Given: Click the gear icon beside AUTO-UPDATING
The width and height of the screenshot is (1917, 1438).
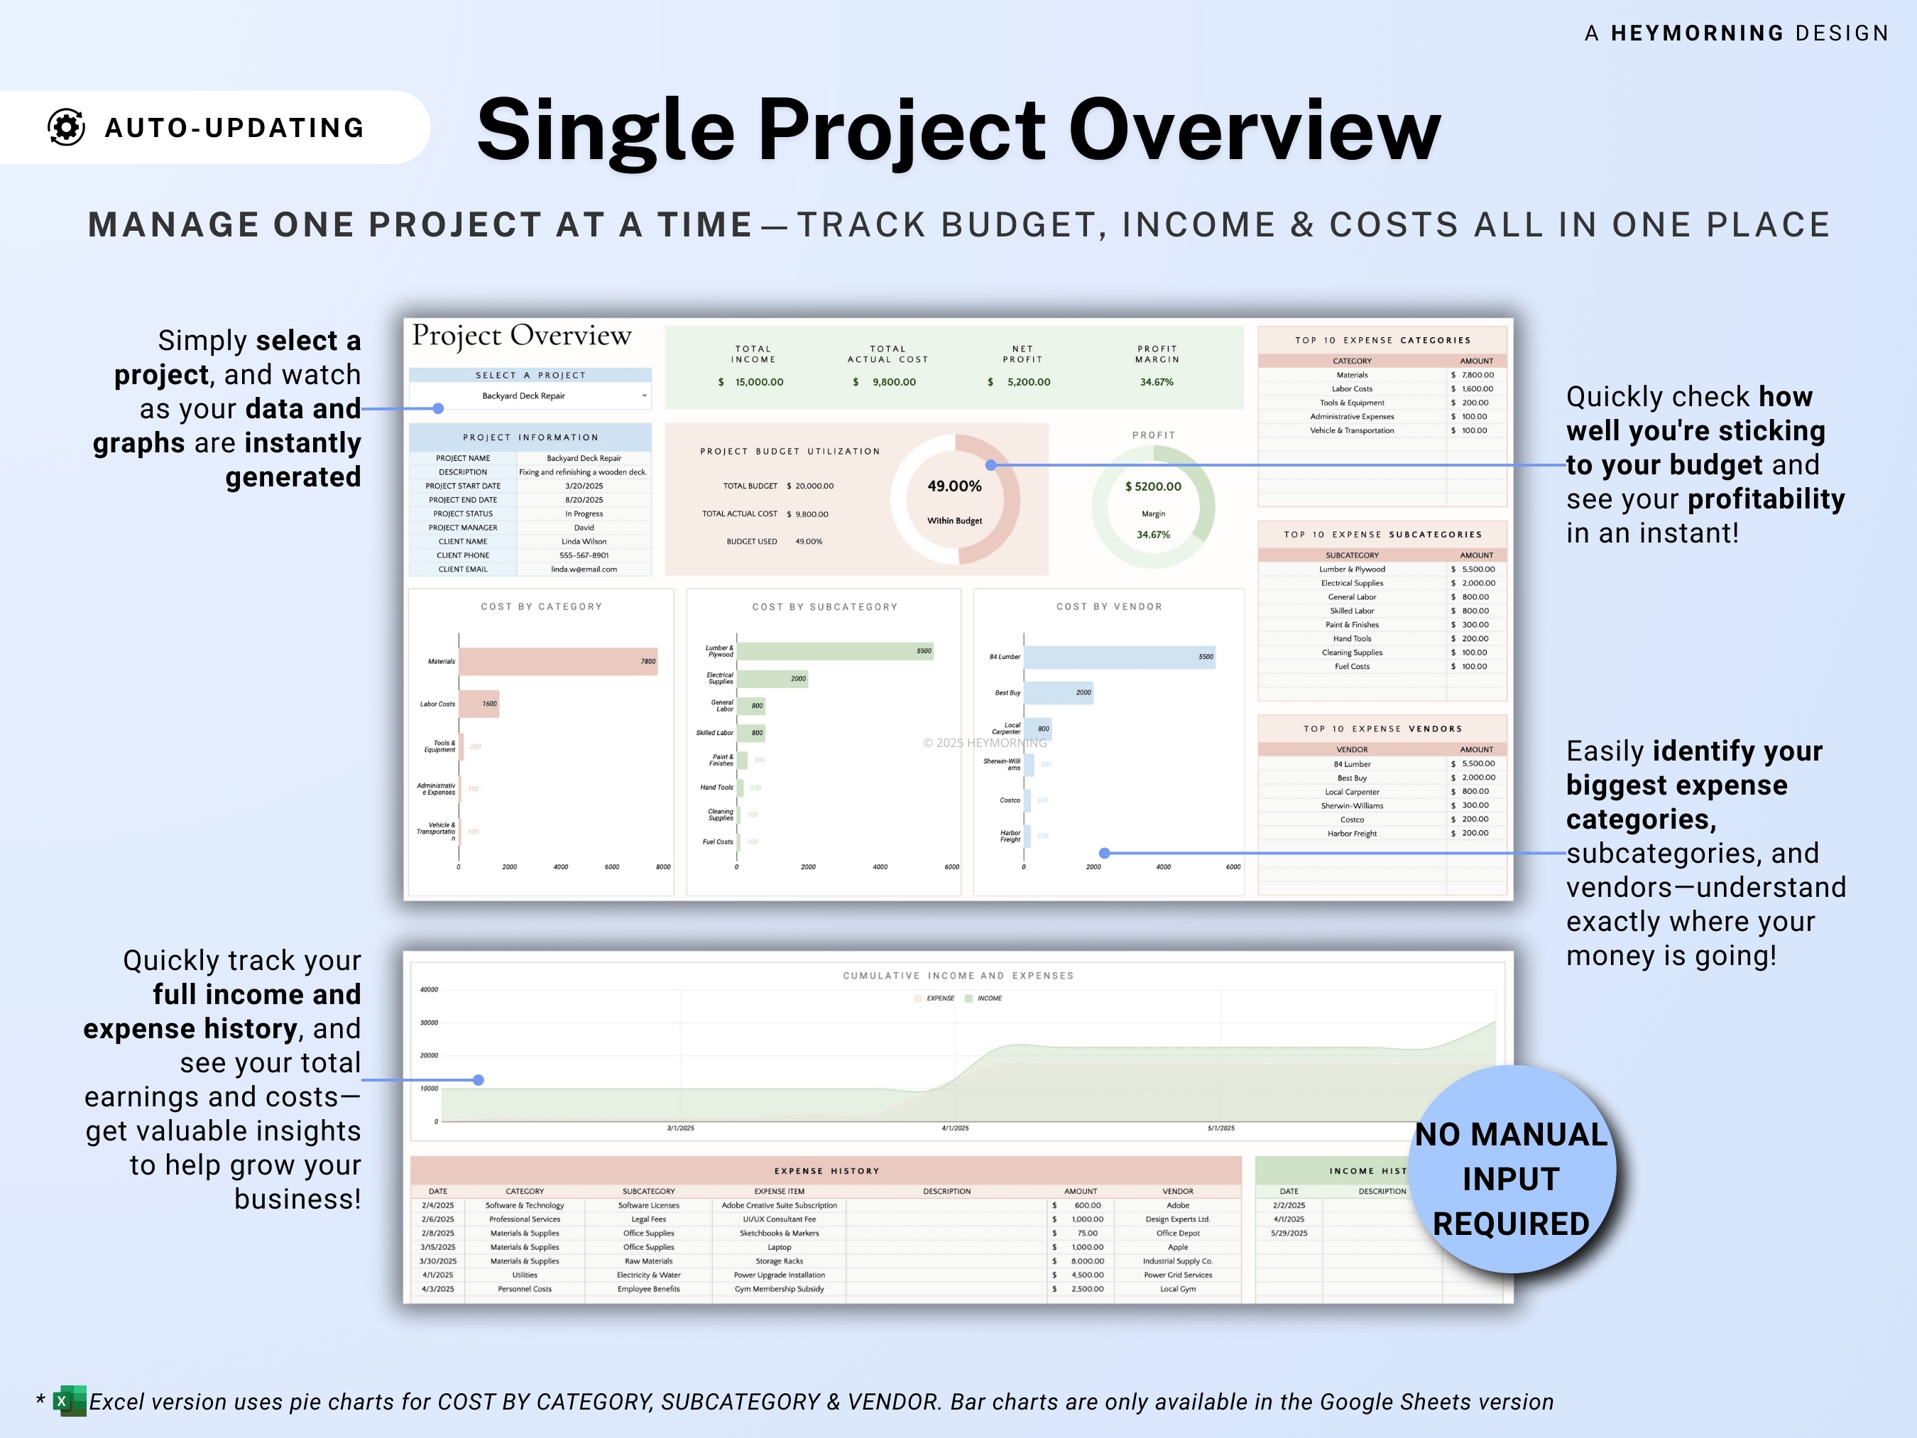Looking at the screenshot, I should tap(66, 127).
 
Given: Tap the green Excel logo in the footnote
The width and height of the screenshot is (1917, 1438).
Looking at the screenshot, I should tap(70, 1401).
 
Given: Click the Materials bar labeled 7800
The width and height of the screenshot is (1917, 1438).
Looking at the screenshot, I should tap(557, 661).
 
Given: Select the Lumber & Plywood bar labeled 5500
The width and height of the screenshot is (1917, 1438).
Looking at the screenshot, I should tap(834, 651).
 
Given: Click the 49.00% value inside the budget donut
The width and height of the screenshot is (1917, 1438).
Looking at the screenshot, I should tap(954, 486).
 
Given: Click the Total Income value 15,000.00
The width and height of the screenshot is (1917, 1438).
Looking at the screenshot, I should tap(758, 382).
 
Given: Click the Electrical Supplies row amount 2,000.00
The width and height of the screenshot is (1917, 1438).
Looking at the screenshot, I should tap(1477, 583).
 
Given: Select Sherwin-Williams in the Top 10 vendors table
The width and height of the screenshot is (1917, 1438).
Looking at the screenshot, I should tap(1351, 806).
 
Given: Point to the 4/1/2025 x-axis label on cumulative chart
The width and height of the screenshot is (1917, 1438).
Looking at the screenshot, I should tap(955, 1128).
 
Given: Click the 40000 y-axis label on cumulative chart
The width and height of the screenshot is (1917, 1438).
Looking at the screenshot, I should tap(429, 990).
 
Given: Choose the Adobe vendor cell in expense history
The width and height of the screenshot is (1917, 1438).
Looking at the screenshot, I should tap(1177, 1206).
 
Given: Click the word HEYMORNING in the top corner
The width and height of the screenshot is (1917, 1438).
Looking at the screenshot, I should tap(1696, 33).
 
